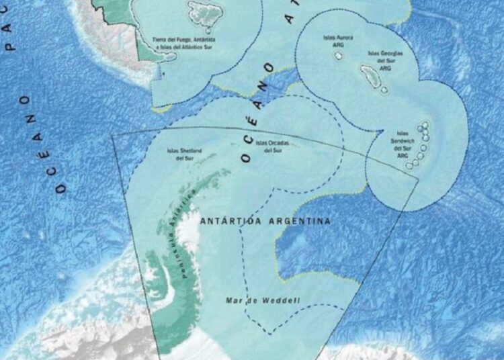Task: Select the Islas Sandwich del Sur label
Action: coord(403,144)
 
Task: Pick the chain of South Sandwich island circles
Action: coord(421,144)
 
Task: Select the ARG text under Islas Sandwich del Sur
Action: coord(403,156)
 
